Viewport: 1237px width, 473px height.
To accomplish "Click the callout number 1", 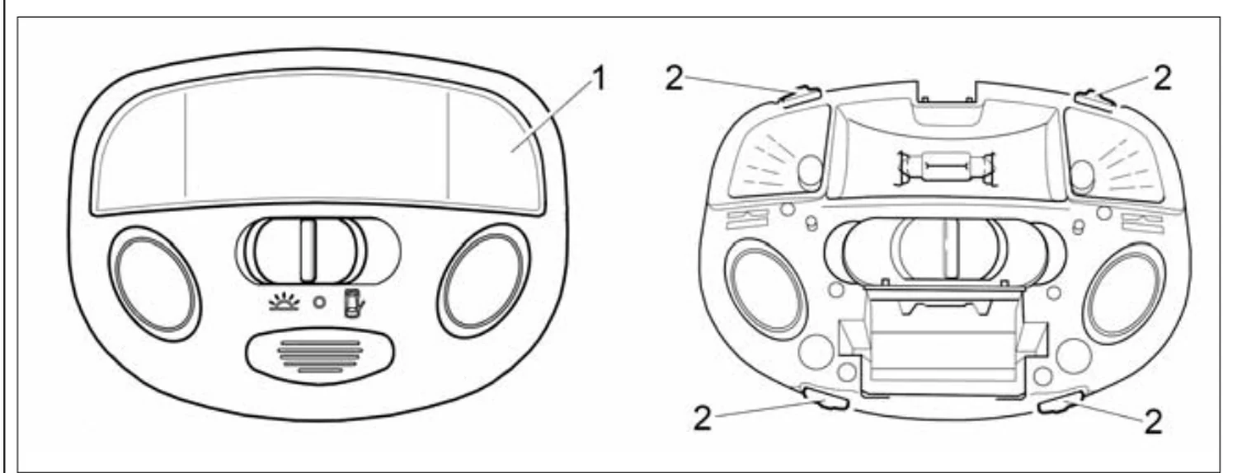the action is pos(598,79).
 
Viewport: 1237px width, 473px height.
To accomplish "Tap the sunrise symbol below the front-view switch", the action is pos(284,302).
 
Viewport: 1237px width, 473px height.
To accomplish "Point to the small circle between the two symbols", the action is pos(319,302).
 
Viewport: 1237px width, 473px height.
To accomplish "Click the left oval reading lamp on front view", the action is pos(154,283).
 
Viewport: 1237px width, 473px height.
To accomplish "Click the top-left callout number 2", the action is pos(675,79).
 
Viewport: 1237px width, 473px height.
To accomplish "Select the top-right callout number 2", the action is pos(1162,78).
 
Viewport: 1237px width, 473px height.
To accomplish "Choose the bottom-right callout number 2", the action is pos(1153,422).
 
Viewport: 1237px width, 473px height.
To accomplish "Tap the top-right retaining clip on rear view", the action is pos(1094,99).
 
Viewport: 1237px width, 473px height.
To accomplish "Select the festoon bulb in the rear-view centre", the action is pos(947,166).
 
